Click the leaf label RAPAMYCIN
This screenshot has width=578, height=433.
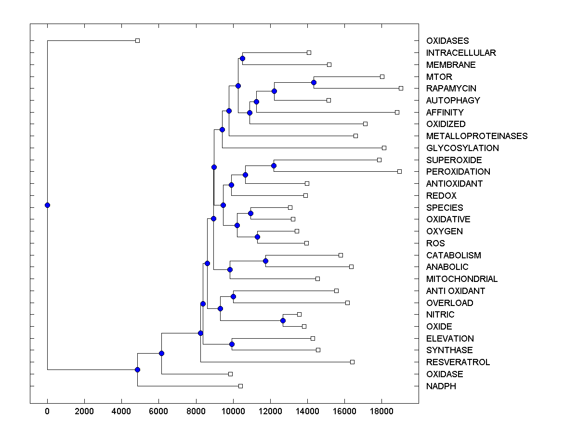(451, 89)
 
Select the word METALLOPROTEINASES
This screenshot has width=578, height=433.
(476, 136)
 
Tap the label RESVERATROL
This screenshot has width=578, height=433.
(458, 362)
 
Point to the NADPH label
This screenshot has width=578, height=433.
(441, 386)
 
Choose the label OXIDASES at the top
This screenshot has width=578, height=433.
(447, 41)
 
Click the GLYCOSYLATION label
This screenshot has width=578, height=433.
(462, 148)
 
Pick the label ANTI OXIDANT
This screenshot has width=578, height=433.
(455, 291)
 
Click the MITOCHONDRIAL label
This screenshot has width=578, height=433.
(461, 279)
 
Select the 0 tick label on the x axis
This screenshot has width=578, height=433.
(47, 411)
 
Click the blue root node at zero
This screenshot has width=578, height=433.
(47, 205)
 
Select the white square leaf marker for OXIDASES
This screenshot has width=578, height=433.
(137, 40)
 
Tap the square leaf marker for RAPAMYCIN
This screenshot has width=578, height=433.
(401, 88)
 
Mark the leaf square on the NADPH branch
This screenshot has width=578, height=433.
(241, 386)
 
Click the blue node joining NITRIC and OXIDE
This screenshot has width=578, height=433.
(283, 320)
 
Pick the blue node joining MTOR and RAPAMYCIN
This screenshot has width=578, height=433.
(314, 82)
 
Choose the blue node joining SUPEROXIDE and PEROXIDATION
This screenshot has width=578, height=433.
(274, 166)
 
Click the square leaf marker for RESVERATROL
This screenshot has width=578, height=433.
(352, 362)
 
